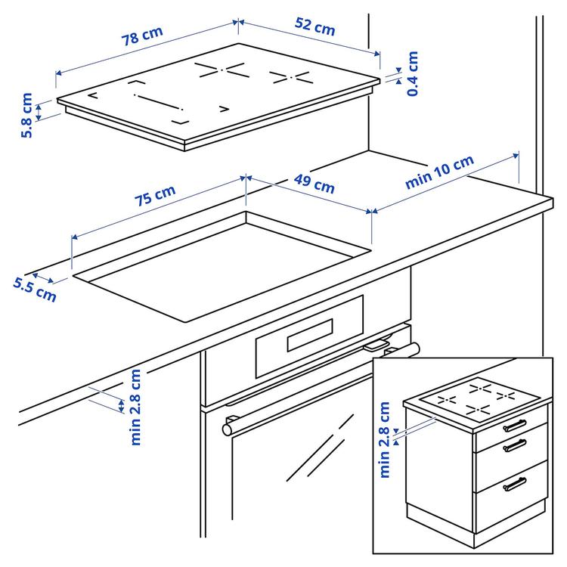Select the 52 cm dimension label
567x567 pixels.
click(x=314, y=28)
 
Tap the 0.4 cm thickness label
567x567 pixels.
click(x=412, y=73)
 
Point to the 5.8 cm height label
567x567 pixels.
click(x=27, y=115)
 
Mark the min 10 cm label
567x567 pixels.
click(x=439, y=172)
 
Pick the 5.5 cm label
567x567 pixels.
click(x=35, y=288)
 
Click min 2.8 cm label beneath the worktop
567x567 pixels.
click(x=135, y=407)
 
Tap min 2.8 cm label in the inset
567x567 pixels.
click(x=385, y=439)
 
